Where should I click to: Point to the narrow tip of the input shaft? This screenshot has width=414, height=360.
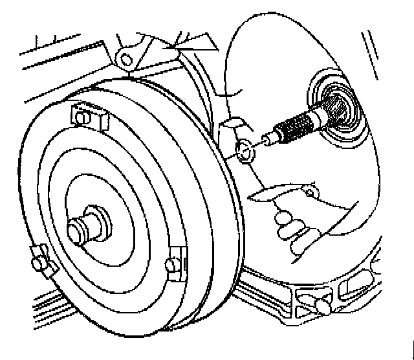[267, 139]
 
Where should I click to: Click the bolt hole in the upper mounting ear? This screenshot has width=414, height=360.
[127, 60]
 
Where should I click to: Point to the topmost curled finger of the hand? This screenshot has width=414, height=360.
[285, 217]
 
